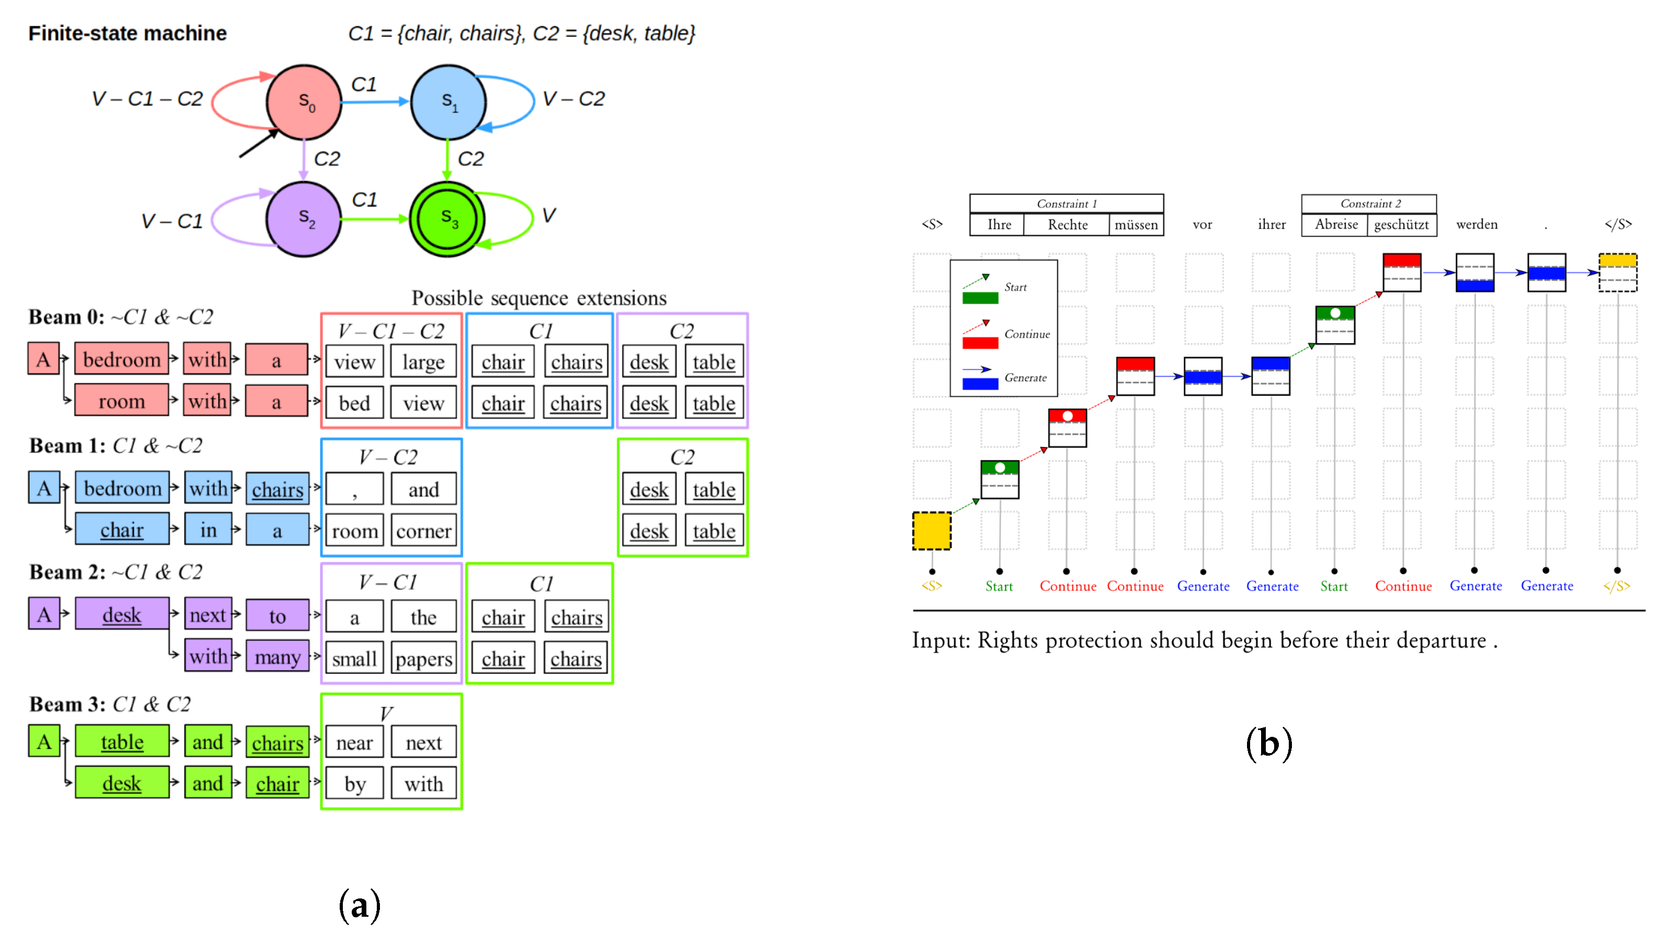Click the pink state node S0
pyautogui.click(x=304, y=101)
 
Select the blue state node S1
pyautogui.click(x=448, y=101)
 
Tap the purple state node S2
pyautogui.click(x=304, y=219)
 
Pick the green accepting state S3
pyautogui.click(x=447, y=219)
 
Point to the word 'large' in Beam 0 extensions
pyautogui.click(x=423, y=362)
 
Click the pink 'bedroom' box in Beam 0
pyautogui.click(x=121, y=359)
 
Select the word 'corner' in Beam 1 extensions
pyautogui.click(x=423, y=531)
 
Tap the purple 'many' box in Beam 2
pyautogui.click(x=277, y=657)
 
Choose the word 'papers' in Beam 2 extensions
pyautogui.click(x=423, y=658)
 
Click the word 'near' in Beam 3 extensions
pyautogui.click(x=354, y=743)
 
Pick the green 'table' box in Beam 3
pyautogui.click(x=121, y=742)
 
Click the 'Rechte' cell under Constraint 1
pyautogui.click(x=1067, y=225)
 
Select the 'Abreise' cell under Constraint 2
pyautogui.click(x=1336, y=224)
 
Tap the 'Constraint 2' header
pyautogui.click(x=1370, y=203)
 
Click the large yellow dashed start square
pyautogui.click(x=931, y=531)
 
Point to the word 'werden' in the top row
pyautogui.click(x=1476, y=224)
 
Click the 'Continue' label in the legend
pyautogui.click(x=1026, y=334)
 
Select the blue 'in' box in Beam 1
pyautogui.click(x=208, y=530)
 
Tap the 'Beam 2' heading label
pyautogui.click(x=66, y=572)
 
